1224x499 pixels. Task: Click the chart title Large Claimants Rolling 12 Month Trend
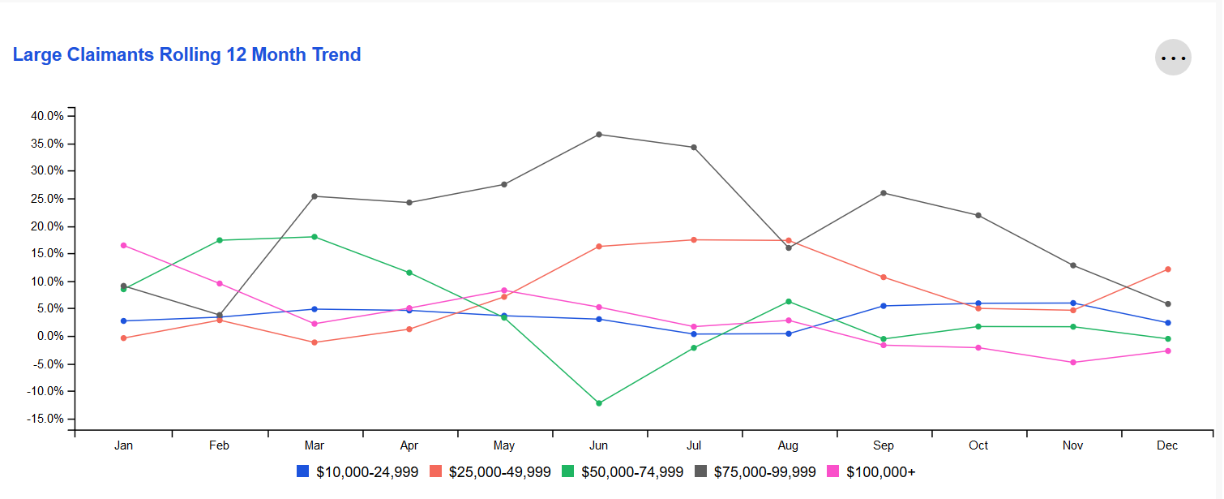186,55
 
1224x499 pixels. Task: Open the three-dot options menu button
1173,58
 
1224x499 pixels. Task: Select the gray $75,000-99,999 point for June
599,135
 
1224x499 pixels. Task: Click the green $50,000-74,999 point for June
599,403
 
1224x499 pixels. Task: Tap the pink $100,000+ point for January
123,245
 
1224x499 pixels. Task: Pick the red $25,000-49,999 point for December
1168,269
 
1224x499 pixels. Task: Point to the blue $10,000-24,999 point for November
1073,303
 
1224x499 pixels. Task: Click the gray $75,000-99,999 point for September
884,193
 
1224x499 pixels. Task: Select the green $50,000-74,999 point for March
314,237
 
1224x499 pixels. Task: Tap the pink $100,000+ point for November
1073,363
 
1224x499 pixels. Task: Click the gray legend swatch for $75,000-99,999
700,471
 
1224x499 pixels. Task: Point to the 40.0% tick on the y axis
47,116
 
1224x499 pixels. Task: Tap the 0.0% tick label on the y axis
49,337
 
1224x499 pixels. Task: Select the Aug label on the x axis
788,446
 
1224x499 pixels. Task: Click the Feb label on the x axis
219,446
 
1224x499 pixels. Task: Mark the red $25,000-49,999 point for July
694,240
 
